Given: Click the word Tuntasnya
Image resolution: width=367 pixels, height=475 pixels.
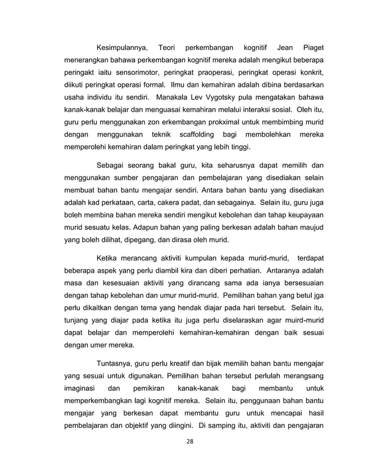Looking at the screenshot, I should (x=119, y=363).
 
